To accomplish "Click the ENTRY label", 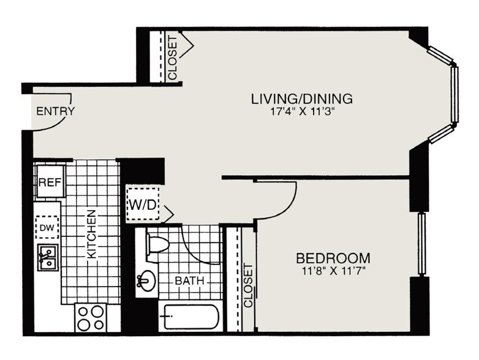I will (56, 111).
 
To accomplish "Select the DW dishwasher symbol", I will (47, 228).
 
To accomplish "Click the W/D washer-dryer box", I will (141, 203).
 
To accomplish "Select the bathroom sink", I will (145, 282).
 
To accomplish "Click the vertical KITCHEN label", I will (91, 234).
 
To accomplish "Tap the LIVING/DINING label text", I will (302, 99).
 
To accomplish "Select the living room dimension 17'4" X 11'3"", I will (302, 113).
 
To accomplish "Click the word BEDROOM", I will (333, 257).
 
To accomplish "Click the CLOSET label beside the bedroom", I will (247, 285).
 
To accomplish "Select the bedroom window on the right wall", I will (421, 244).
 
